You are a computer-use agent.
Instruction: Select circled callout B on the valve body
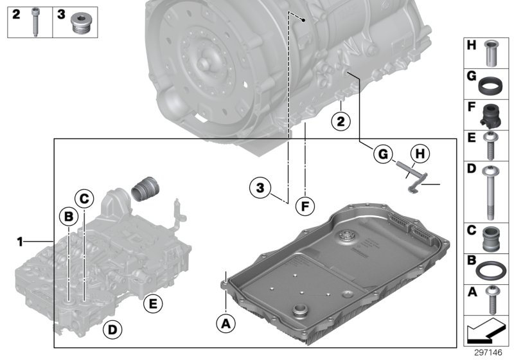point(68,217)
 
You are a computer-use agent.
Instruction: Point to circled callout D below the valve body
point(111,330)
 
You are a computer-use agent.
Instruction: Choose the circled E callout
point(153,303)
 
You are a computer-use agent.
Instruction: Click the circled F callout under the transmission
point(305,206)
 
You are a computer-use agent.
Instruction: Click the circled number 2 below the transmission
point(341,120)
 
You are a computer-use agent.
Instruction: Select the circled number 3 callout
point(259,188)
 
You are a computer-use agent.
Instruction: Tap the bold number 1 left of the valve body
point(21,242)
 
